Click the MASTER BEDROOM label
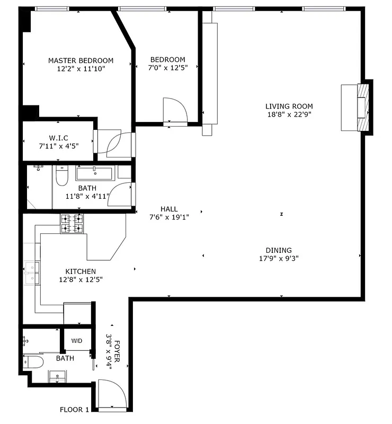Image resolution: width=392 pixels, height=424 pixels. (81, 60)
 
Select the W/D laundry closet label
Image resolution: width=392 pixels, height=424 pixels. (77, 340)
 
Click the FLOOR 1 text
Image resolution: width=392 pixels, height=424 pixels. (74, 410)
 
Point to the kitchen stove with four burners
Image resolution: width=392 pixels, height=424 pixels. (72, 224)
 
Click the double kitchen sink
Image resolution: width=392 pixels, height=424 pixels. (32, 272)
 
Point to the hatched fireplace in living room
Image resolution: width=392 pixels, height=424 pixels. (362, 108)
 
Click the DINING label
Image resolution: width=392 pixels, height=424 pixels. (279, 251)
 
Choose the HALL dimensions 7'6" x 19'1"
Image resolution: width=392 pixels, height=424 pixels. (169, 217)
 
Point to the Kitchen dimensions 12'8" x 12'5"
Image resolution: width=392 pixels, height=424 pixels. (81, 280)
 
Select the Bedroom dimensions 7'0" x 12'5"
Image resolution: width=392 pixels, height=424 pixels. (167, 68)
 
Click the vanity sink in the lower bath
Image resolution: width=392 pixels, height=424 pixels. (57, 377)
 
